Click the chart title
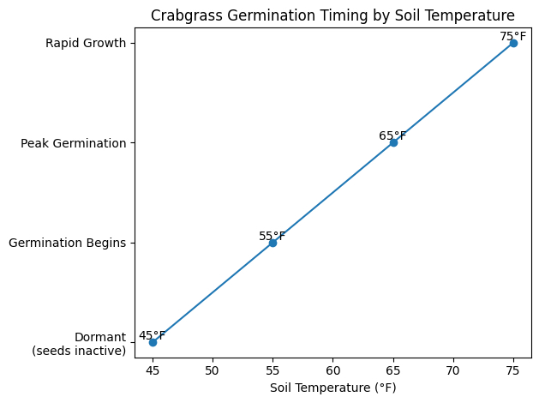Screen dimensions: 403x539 click(x=332, y=15)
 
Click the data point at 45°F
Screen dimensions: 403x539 click(x=153, y=342)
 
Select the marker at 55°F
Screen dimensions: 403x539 click(x=272, y=243)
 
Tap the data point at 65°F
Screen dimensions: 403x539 click(x=393, y=142)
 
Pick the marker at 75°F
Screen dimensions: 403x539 click(x=513, y=43)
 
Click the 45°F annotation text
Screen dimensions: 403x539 click(x=153, y=335)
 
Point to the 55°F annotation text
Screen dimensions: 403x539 click(x=272, y=236)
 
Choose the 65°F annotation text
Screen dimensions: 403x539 click(x=392, y=135)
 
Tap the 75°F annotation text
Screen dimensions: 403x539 click(x=513, y=36)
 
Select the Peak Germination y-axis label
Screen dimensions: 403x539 click(x=73, y=143)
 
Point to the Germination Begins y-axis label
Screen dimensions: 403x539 click(x=67, y=243)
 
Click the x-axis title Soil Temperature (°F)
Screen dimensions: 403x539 click(x=332, y=388)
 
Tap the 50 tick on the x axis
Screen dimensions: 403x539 click(x=213, y=370)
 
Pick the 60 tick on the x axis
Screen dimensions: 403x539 click(x=332, y=370)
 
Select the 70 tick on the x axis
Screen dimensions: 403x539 click(x=453, y=370)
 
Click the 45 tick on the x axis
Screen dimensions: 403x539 click(x=153, y=370)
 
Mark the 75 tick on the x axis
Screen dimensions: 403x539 click(x=513, y=370)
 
